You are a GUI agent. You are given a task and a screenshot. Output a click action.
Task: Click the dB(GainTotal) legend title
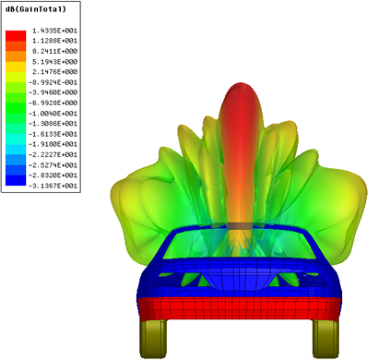coord(36,9)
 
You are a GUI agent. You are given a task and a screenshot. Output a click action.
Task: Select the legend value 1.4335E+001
coord(55,31)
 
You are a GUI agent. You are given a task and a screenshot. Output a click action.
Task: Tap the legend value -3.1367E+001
coord(53,186)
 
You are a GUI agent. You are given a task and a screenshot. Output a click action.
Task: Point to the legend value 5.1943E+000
coord(55,62)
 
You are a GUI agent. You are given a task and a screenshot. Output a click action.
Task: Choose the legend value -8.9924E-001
coord(53,82)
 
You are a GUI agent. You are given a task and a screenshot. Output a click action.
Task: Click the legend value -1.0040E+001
coord(53,114)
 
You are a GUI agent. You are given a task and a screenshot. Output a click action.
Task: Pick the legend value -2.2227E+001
coord(53,155)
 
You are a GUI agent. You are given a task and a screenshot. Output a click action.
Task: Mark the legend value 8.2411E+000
coord(55,51)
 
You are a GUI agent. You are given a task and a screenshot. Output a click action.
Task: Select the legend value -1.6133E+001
coord(53,134)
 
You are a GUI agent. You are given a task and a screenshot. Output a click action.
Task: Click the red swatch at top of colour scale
coord(16,36)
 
